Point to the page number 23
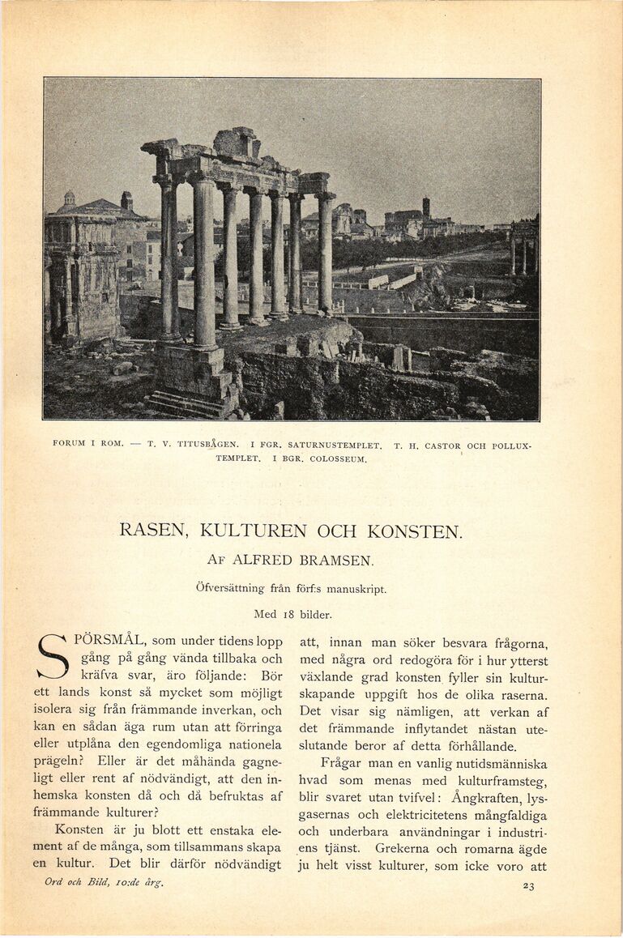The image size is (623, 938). [528, 885]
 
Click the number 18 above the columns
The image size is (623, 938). [288, 614]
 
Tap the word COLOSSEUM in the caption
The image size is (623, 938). [339, 459]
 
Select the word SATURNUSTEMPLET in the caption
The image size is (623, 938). [334, 446]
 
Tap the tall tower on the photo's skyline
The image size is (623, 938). [426, 207]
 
